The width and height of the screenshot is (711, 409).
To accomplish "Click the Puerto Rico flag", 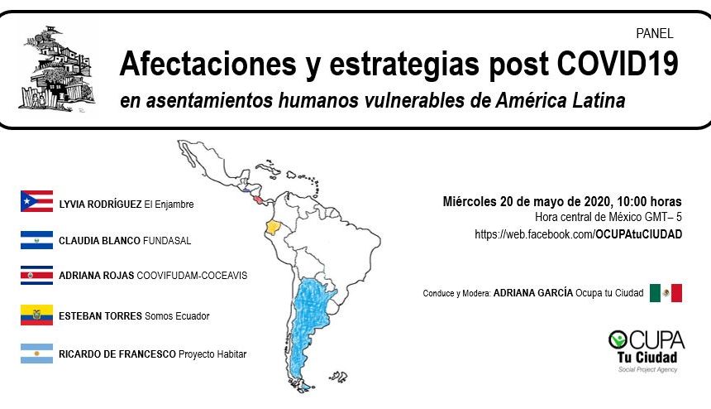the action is coord(36,201).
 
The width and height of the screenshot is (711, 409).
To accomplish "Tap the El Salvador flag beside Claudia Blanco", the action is coord(36,240).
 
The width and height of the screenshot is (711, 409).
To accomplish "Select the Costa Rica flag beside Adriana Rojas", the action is coord(36,275).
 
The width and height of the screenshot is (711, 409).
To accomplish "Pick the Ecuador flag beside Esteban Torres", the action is coord(36,315).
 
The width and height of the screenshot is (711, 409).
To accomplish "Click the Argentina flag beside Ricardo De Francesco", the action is coord(36,354).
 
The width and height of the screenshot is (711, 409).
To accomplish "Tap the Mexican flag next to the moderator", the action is coord(666,293).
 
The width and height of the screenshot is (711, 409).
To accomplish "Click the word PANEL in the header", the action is coord(654,34).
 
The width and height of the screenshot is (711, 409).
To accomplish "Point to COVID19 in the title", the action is coord(617,64).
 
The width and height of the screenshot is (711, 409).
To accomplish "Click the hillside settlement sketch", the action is coord(57,68).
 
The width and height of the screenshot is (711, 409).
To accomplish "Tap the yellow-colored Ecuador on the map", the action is coord(273,227).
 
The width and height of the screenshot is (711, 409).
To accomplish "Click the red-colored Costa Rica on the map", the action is coord(258,200).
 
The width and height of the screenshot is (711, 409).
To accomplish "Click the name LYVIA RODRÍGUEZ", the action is coord(100,204).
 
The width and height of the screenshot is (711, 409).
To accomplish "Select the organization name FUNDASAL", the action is coord(167,241).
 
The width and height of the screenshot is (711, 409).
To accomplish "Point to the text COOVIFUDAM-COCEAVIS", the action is coord(192,276).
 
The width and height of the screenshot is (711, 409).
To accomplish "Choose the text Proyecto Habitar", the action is coord(212,354).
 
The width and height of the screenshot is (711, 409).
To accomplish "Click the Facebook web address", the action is coord(578,234).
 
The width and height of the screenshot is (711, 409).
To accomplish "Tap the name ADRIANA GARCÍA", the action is coord(532,293).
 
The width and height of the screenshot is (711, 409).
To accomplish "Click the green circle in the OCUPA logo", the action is coord(618,339).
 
